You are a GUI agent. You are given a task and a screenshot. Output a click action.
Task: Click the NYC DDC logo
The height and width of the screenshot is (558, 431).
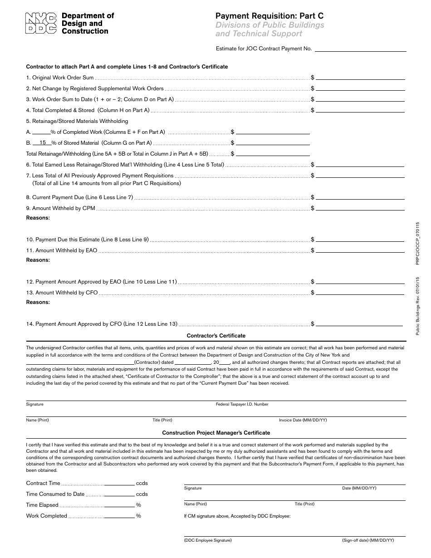[41, 24]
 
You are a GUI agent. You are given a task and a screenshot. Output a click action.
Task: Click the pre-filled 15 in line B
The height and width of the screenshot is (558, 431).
[43, 142]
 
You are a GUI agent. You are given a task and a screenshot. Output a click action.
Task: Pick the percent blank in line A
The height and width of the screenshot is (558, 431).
[41, 132]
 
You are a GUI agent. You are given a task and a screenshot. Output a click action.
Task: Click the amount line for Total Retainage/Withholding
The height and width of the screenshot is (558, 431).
[273, 154]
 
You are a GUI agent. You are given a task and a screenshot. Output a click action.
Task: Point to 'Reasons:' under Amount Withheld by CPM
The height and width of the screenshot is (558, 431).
[38, 218]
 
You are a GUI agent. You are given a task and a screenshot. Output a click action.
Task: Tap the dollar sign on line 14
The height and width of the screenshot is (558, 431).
[313, 324]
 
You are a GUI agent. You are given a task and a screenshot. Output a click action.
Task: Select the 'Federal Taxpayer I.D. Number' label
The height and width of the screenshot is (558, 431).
[242, 404]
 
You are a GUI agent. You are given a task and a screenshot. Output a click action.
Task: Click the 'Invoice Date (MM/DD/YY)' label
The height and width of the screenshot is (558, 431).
[303, 420]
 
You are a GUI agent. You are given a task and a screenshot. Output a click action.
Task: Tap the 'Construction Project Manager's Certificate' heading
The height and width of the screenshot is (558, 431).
[216, 433]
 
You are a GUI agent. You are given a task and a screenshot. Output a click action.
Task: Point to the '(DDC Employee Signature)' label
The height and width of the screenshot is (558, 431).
[208, 540]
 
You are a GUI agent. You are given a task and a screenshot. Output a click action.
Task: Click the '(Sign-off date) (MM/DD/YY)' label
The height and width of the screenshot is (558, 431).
[368, 540]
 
